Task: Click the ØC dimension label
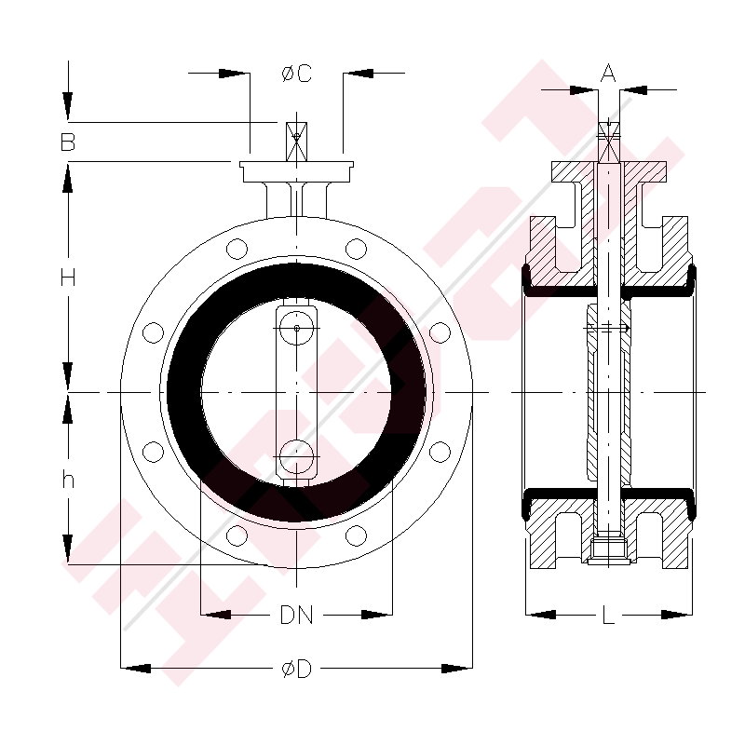coord(296,74)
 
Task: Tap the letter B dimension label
coord(68,142)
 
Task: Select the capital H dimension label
coord(68,278)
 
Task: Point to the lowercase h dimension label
coord(68,480)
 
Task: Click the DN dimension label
coord(296,615)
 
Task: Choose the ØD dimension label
coord(296,669)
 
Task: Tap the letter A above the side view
coord(608,74)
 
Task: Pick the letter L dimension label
coord(608,616)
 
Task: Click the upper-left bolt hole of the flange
coord(237,249)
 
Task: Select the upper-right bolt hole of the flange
coord(356,249)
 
